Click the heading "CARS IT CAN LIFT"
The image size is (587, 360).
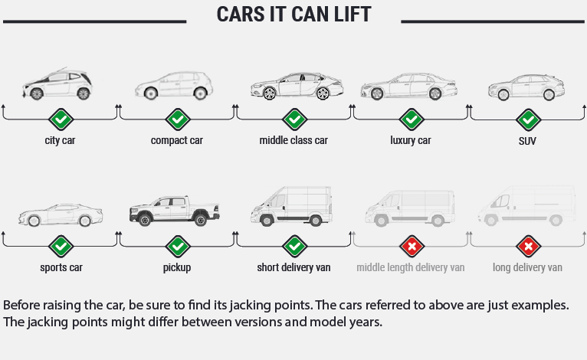(293, 15)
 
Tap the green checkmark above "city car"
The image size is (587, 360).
(61, 119)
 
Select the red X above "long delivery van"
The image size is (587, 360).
(527, 247)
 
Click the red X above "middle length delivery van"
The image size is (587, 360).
(411, 247)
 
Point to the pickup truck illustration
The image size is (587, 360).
(177, 209)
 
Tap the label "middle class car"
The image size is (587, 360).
(293, 140)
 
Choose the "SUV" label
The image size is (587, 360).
(527, 141)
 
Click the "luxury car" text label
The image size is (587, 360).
(411, 140)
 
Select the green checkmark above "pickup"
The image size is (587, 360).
(178, 247)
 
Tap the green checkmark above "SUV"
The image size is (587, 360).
(527, 119)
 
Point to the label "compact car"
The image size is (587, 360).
(177, 140)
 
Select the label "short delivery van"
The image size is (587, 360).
(293, 268)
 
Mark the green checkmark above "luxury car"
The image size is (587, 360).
(411, 119)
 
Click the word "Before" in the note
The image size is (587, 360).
(21, 304)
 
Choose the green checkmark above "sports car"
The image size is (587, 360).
(61, 247)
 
